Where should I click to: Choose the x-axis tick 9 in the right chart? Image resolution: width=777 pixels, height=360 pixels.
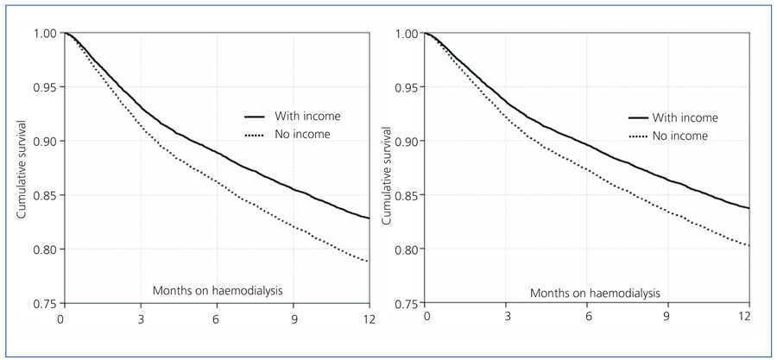coord(667,319)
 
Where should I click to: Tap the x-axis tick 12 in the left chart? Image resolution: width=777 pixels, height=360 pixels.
coord(369,319)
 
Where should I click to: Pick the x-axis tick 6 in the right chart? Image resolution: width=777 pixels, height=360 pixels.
coord(586,319)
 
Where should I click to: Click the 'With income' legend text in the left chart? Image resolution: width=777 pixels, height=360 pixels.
coord(307,116)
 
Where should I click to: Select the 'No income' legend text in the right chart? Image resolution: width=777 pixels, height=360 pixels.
coord(680,136)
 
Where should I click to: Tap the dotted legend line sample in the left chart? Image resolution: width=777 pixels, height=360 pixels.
coord(255,134)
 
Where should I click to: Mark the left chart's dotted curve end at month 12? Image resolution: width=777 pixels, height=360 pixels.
coord(369,261)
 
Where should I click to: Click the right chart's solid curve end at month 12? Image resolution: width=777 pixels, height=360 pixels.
coord(749,208)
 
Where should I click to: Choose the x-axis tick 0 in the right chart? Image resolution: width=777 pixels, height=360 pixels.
coord(425,319)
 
